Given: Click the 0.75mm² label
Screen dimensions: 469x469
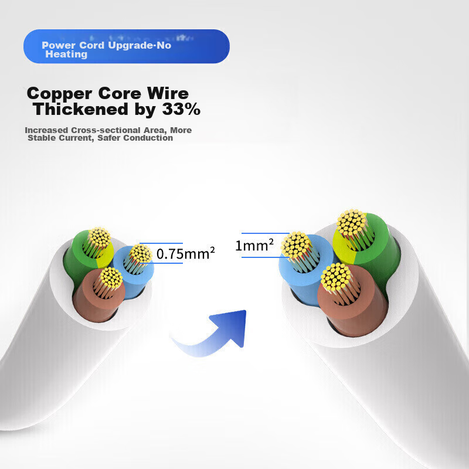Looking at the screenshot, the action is pyautogui.click(x=185, y=254).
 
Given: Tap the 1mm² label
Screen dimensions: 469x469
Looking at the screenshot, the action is pyautogui.click(x=254, y=245).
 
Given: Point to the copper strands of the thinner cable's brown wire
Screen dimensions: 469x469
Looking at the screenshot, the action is pyautogui.click(x=111, y=277).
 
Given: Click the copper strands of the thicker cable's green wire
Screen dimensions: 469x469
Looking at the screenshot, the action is pyautogui.click(x=352, y=223).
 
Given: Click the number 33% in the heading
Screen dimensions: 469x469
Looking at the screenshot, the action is pyautogui.click(x=181, y=109).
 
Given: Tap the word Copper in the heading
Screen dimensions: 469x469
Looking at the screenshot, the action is pyautogui.click(x=59, y=94).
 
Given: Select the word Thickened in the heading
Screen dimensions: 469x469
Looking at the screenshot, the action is pyautogui.click(x=80, y=109).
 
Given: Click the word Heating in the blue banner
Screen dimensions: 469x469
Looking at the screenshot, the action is pyautogui.click(x=66, y=55).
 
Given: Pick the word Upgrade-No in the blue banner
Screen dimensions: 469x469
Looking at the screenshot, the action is pyautogui.click(x=140, y=46).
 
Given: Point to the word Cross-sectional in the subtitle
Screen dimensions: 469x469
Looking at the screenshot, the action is pyautogui.click(x=106, y=130).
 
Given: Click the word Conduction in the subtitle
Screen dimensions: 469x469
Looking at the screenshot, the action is pyautogui.click(x=148, y=138).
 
